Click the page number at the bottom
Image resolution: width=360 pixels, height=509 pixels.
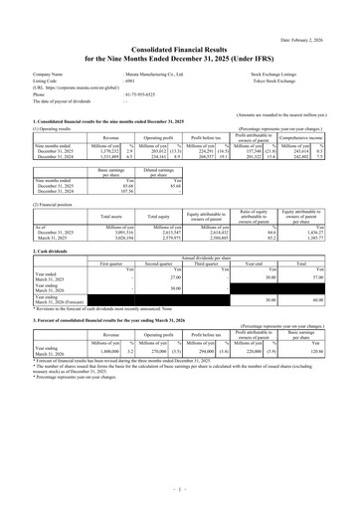tap(180, 488)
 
